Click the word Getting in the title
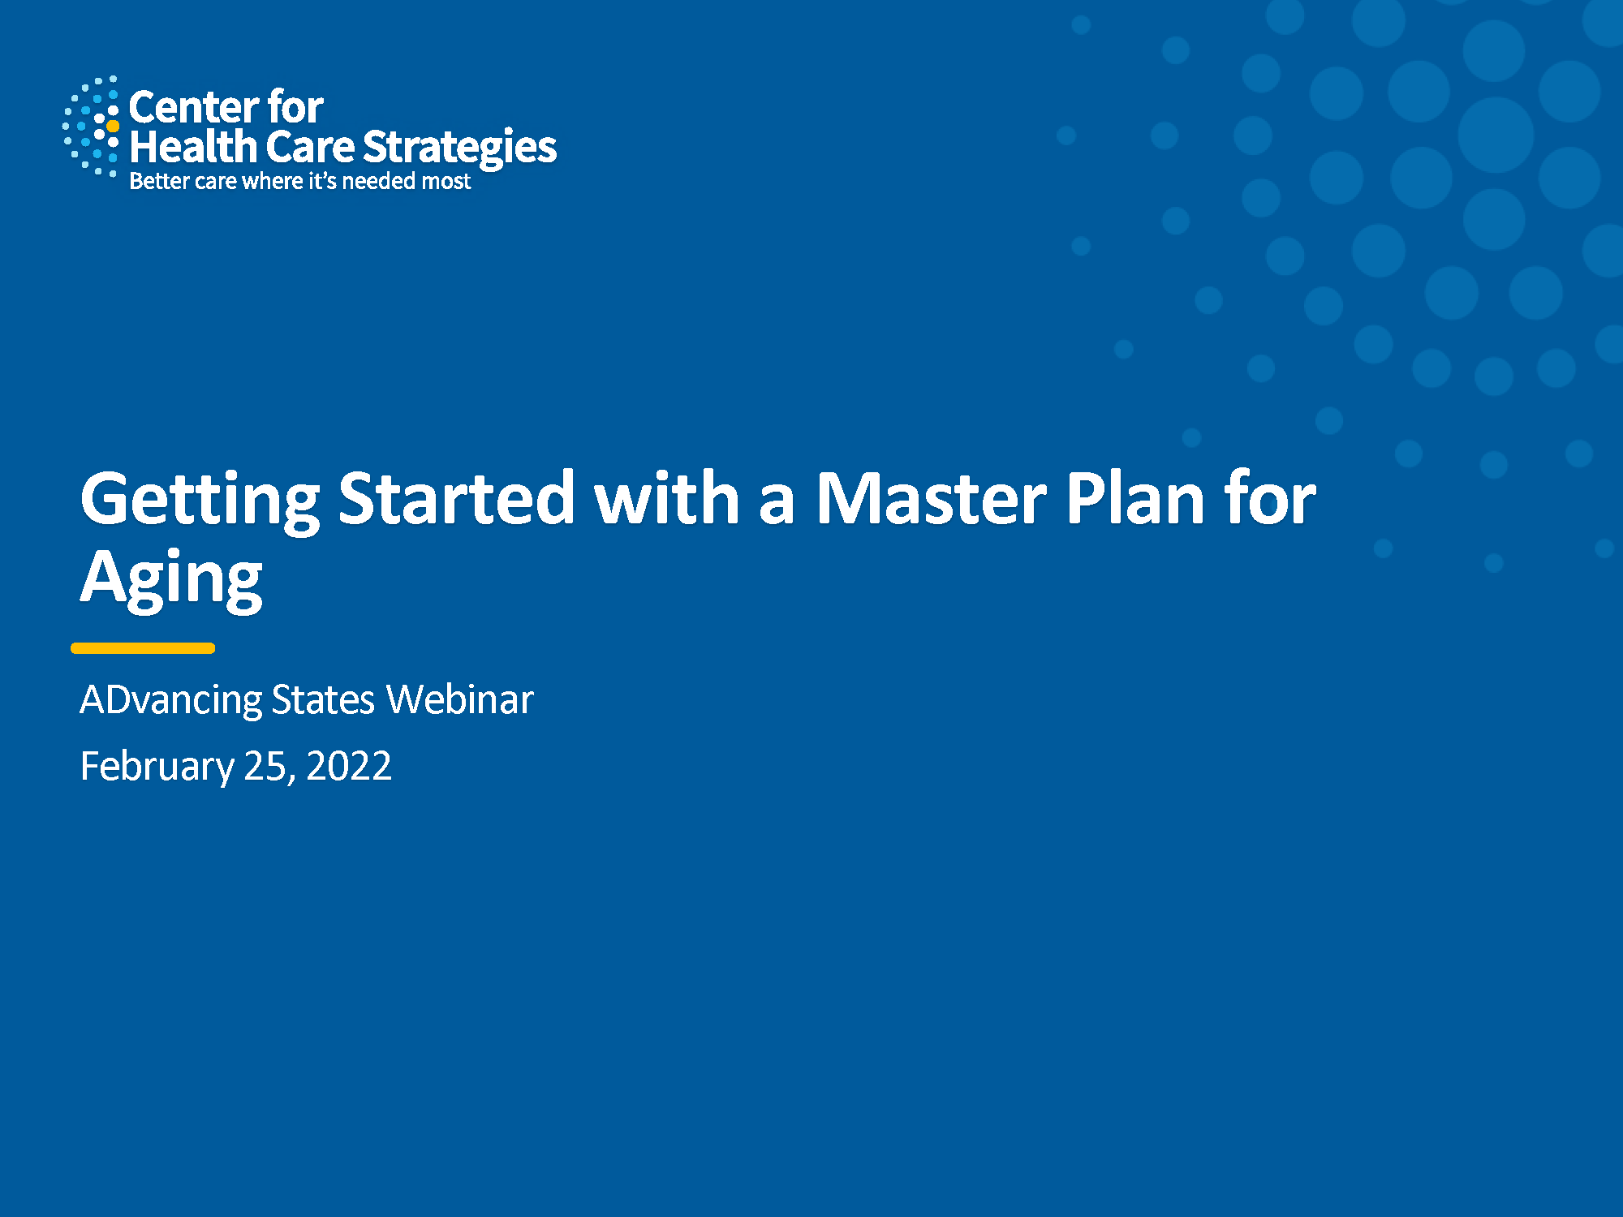point(200,501)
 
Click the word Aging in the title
point(171,579)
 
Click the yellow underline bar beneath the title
point(143,648)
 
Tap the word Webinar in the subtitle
point(459,699)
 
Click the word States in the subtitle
point(323,700)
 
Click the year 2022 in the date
point(349,766)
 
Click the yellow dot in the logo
point(113,127)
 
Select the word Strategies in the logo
point(459,148)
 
